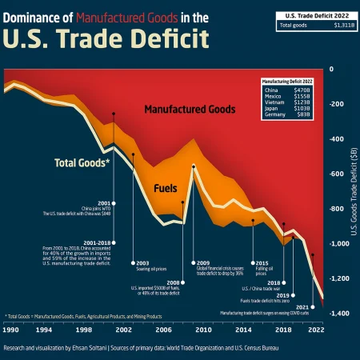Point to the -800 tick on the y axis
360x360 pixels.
point(337,209)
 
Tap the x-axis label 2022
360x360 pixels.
point(315,330)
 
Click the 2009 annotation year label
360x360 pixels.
point(203,262)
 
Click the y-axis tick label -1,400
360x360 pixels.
point(339,314)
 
